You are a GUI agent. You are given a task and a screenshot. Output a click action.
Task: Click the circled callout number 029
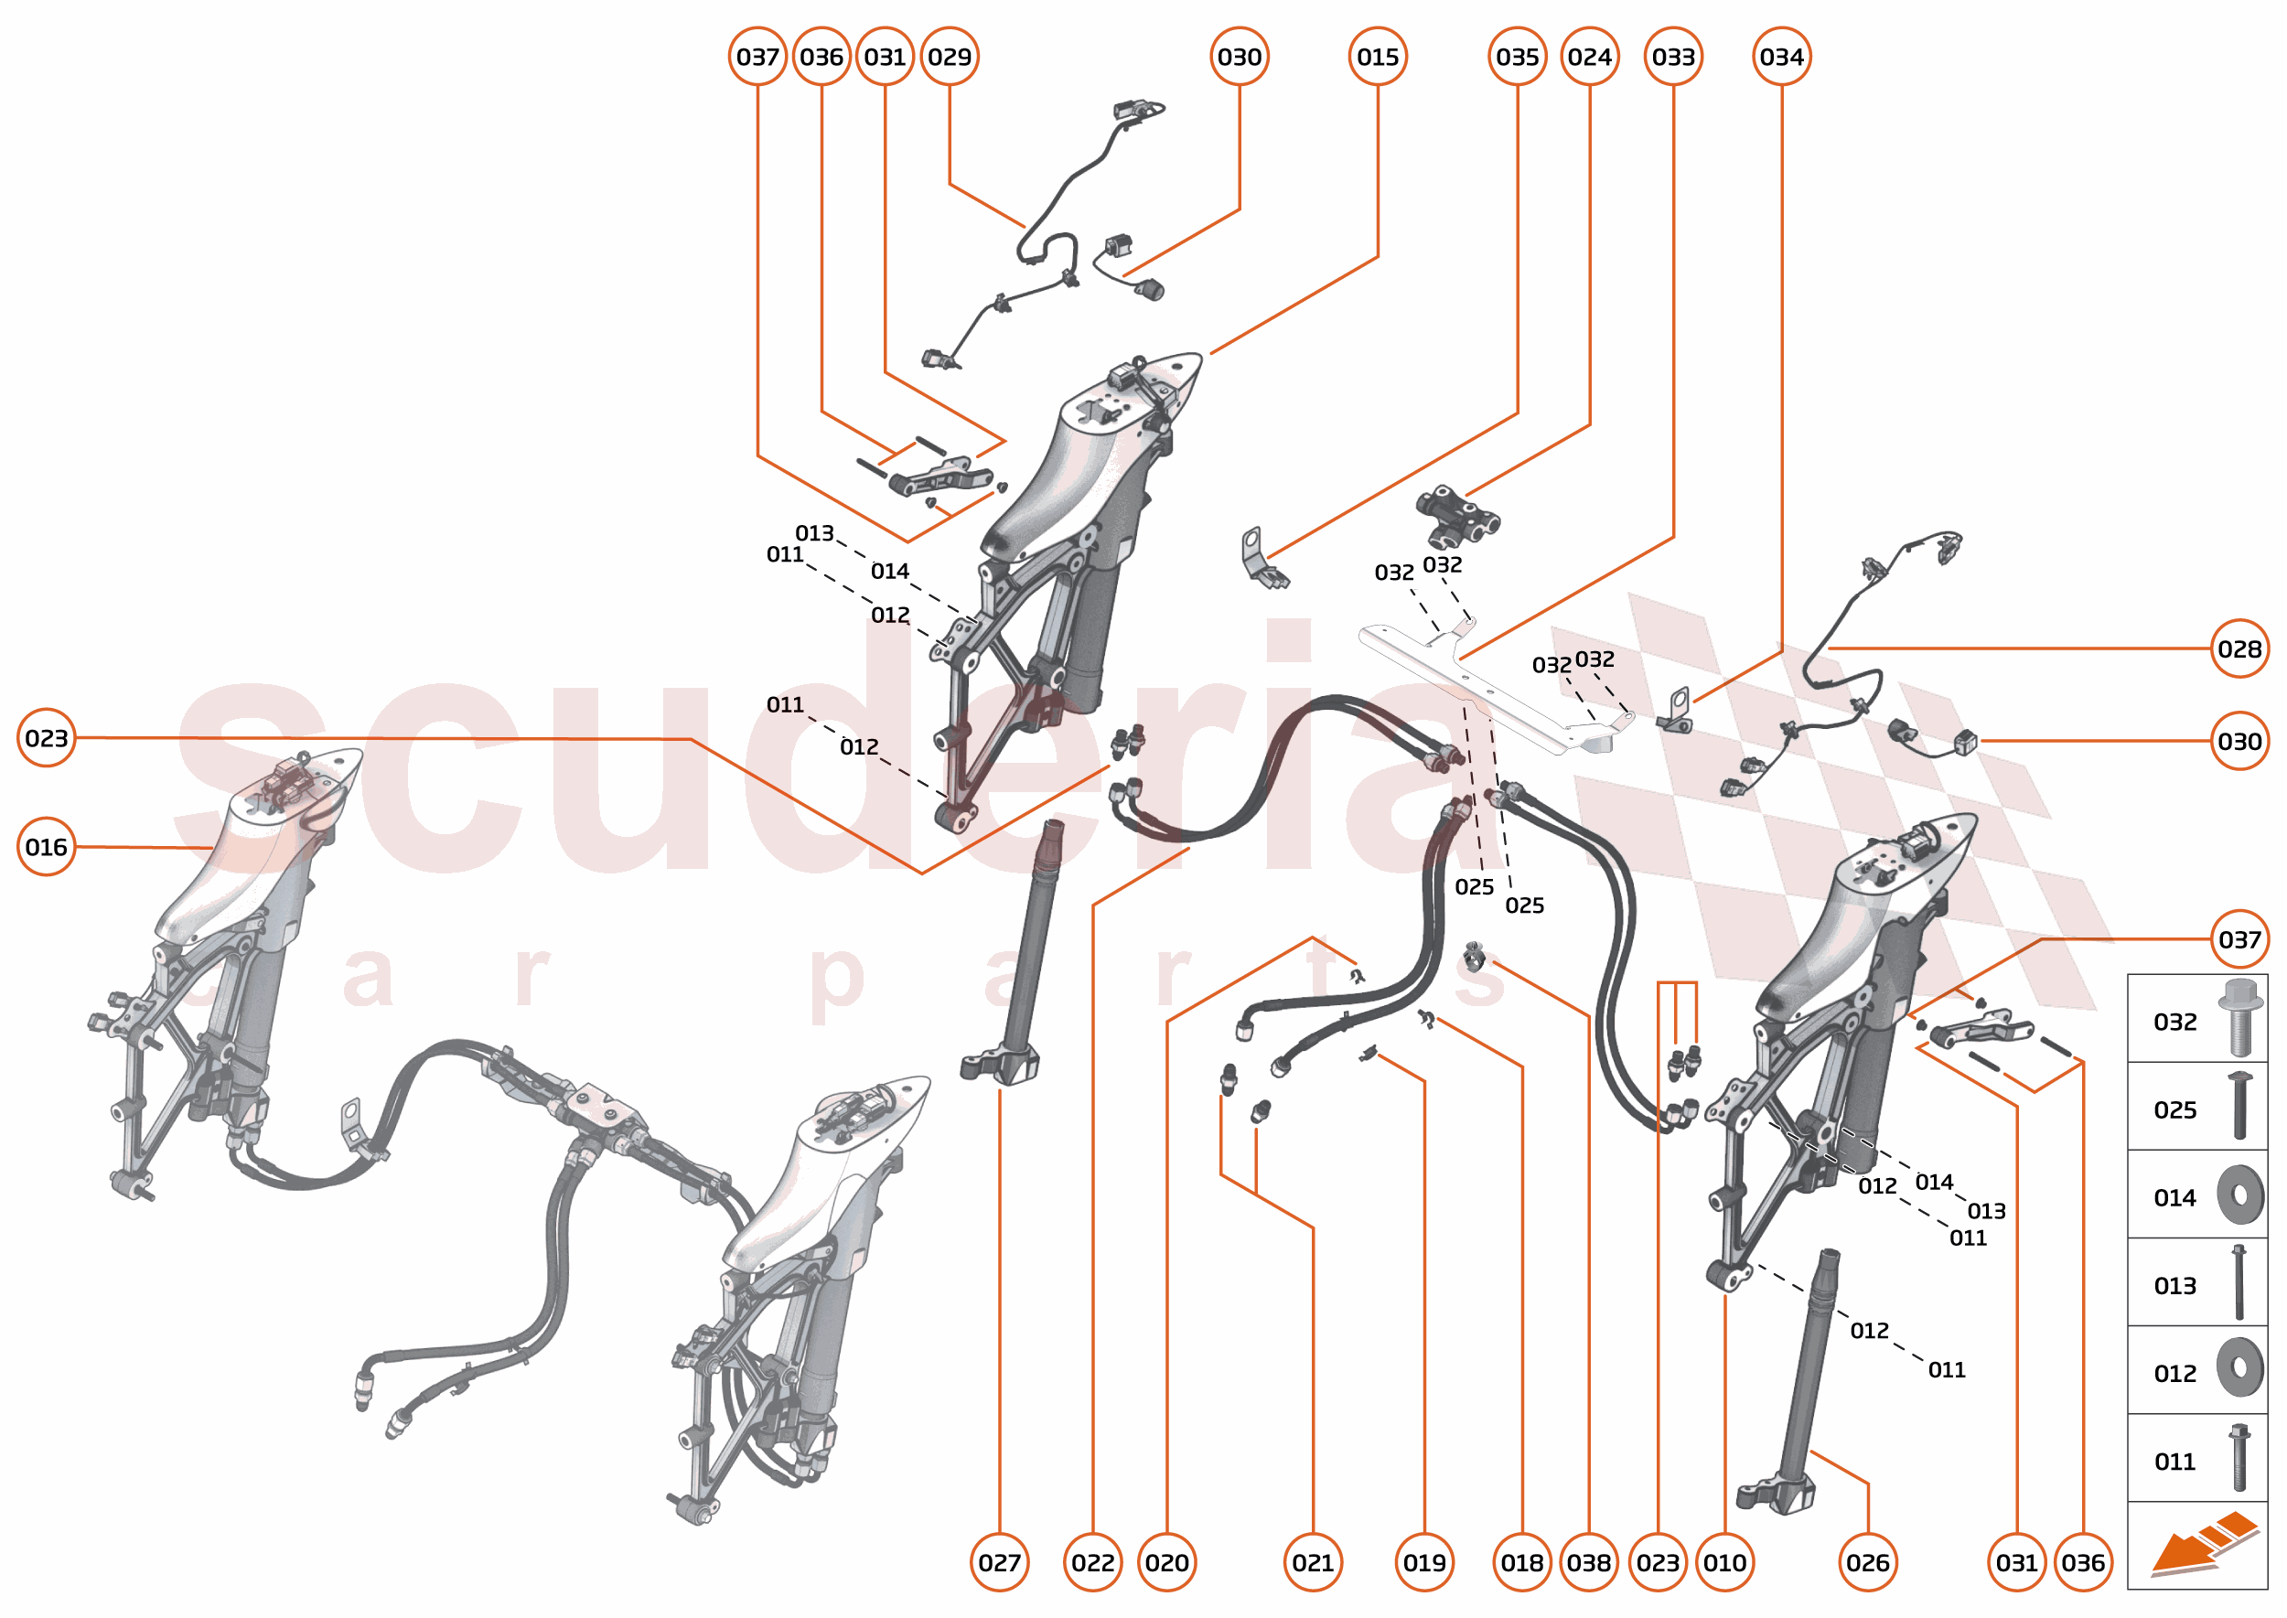pyautogui.click(x=949, y=57)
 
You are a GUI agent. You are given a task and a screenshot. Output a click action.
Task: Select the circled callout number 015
pyautogui.click(x=1377, y=57)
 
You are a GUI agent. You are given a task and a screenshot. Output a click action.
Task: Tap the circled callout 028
pyautogui.click(x=2239, y=648)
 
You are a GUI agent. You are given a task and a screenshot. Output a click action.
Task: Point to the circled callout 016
pyautogui.click(x=46, y=847)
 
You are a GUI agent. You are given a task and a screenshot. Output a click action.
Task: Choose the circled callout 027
pyautogui.click(x=1000, y=1562)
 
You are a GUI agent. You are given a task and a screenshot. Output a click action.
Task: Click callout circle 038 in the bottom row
pyautogui.click(x=1588, y=1562)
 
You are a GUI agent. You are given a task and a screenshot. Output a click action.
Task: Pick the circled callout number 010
pyautogui.click(x=1724, y=1562)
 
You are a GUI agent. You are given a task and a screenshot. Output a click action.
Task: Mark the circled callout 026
pyautogui.click(x=1867, y=1562)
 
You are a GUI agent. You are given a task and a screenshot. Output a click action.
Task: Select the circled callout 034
pyautogui.click(x=1781, y=57)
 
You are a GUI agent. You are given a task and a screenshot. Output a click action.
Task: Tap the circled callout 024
pyautogui.click(x=1589, y=57)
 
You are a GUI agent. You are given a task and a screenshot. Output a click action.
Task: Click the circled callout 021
pyautogui.click(x=1313, y=1562)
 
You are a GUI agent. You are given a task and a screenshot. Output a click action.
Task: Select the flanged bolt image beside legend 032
pyautogui.click(x=2239, y=1017)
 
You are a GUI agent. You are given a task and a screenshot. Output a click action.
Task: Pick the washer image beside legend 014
pyautogui.click(x=2239, y=1195)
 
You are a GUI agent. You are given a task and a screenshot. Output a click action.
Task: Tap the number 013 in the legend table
pyautogui.click(x=2174, y=1285)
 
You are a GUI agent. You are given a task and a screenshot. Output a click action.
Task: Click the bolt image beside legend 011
pyautogui.click(x=2239, y=1458)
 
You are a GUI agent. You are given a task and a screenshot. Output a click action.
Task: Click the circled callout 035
pyautogui.click(x=1517, y=57)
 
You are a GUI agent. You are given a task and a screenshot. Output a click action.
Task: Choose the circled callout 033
pyautogui.click(x=1673, y=57)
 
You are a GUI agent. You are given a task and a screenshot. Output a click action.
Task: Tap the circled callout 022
pyautogui.click(x=1092, y=1562)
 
